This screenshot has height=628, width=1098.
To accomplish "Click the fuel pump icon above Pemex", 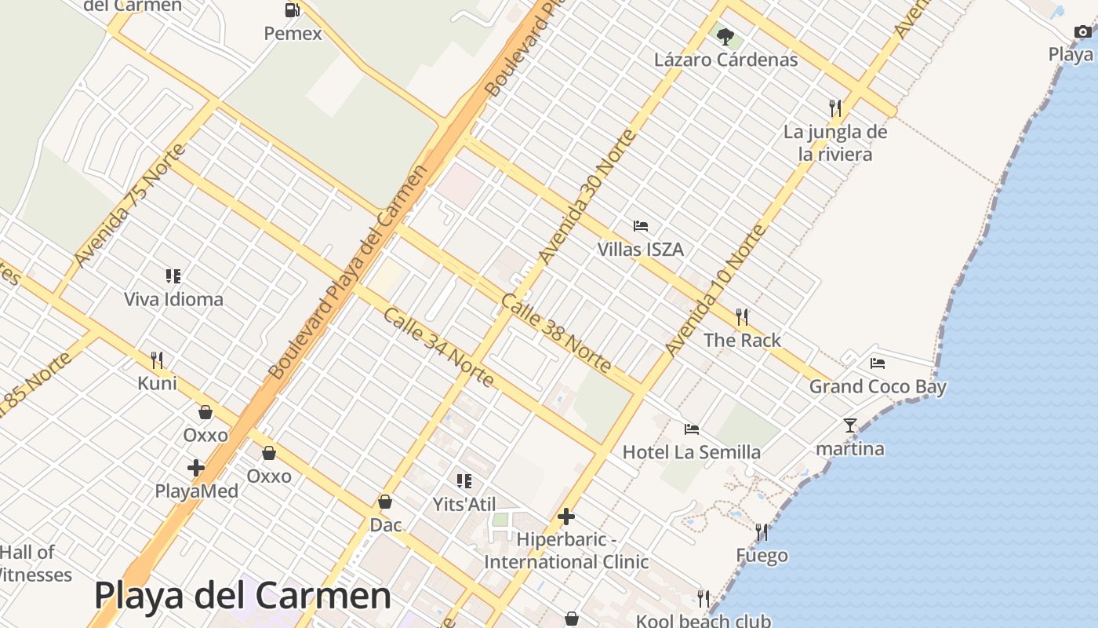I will tap(292, 10).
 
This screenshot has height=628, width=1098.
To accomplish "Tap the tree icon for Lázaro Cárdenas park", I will tap(725, 36).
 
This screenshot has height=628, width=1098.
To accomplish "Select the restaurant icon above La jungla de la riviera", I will tap(835, 108).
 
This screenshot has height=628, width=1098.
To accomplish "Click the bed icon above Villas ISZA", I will tap(641, 226).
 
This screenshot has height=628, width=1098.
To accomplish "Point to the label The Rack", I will tap(742, 340).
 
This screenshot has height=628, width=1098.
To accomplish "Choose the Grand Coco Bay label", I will tap(878, 386).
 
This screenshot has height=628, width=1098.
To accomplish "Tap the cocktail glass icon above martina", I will tap(850, 425).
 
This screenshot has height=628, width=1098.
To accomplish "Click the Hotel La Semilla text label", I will tap(691, 452).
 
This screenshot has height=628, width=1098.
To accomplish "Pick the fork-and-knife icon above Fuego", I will tap(762, 532).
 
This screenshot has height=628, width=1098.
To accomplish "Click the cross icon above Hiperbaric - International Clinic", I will tap(566, 517).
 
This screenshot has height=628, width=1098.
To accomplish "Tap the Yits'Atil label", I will tap(464, 504).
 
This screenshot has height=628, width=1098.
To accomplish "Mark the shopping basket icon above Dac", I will tap(385, 502).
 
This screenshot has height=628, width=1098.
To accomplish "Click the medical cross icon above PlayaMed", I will tap(196, 469).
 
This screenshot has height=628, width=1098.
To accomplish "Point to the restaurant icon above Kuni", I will tap(158, 360).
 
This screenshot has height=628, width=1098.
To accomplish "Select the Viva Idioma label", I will tap(173, 299).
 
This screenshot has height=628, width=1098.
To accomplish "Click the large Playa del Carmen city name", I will tap(242, 596).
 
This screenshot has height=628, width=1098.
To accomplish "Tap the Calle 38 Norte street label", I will tap(556, 333).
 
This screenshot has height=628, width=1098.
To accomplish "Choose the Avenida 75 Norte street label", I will tap(130, 205).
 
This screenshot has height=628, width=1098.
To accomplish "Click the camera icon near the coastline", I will tap(1082, 31).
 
